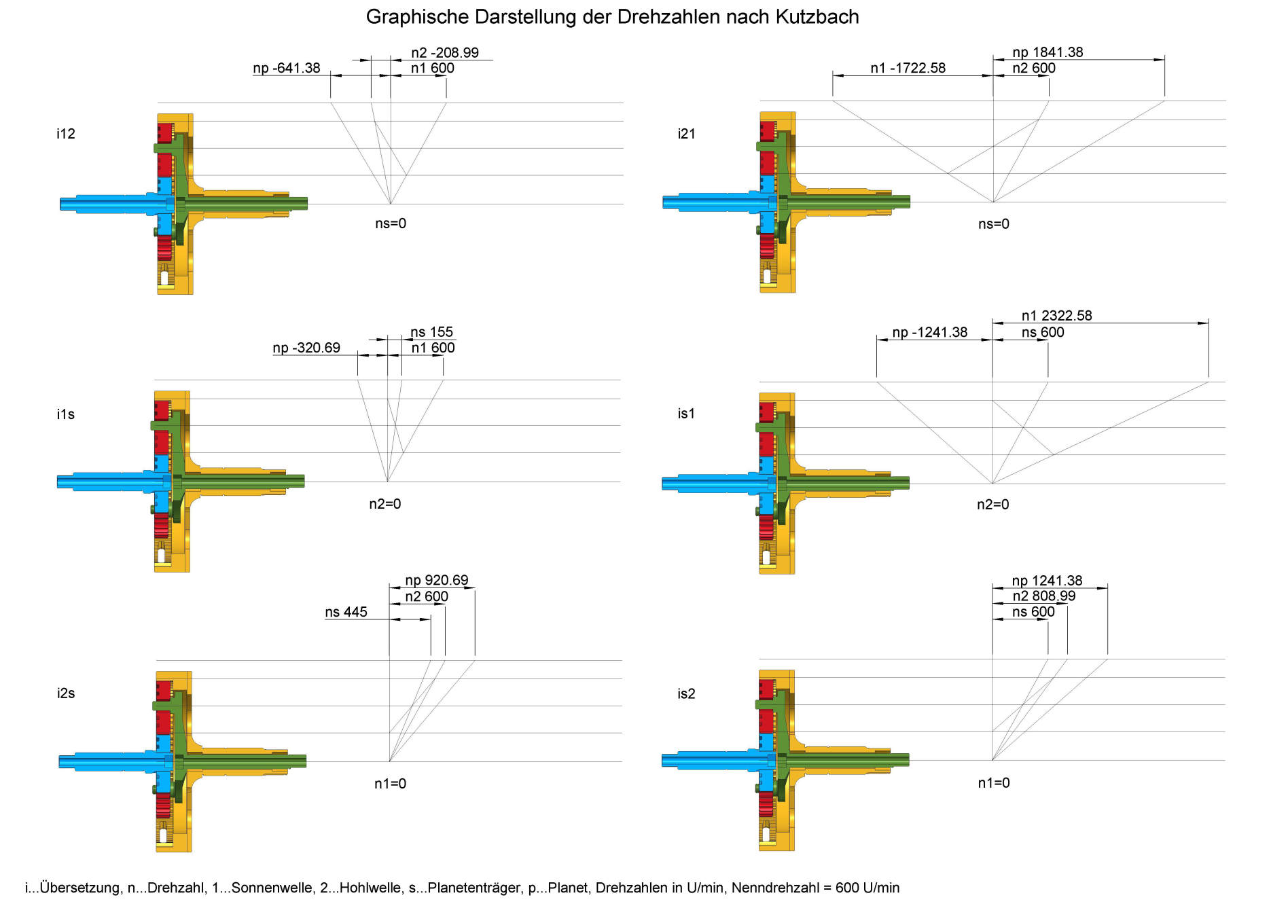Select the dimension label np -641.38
pyautogui.click(x=287, y=68)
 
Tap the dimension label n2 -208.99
pyautogui.click(x=445, y=52)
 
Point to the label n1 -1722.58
pyautogui.click(x=908, y=68)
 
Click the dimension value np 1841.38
pyautogui.click(x=1048, y=52)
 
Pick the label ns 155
pyautogui.click(x=431, y=331)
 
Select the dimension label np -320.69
pyautogui.click(x=306, y=348)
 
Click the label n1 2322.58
pyautogui.click(x=1057, y=316)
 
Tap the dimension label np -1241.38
pyautogui.click(x=930, y=332)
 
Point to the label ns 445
pyautogui.click(x=346, y=612)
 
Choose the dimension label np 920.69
pyautogui.click(x=437, y=580)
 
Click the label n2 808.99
pyautogui.click(x=1044, y=596)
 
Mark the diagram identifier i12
pyautogui.click(x=66, y=134)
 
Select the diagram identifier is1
pyautogui.click(x=686, y=413)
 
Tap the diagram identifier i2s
pyautogui.click(x=66, y=693)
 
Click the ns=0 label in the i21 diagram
pyautogui.click(x=994, y=223)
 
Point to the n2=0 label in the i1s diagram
pyautogui.click(x=385, y=504)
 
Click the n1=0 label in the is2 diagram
pyautogui.click(x=994, y=783)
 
